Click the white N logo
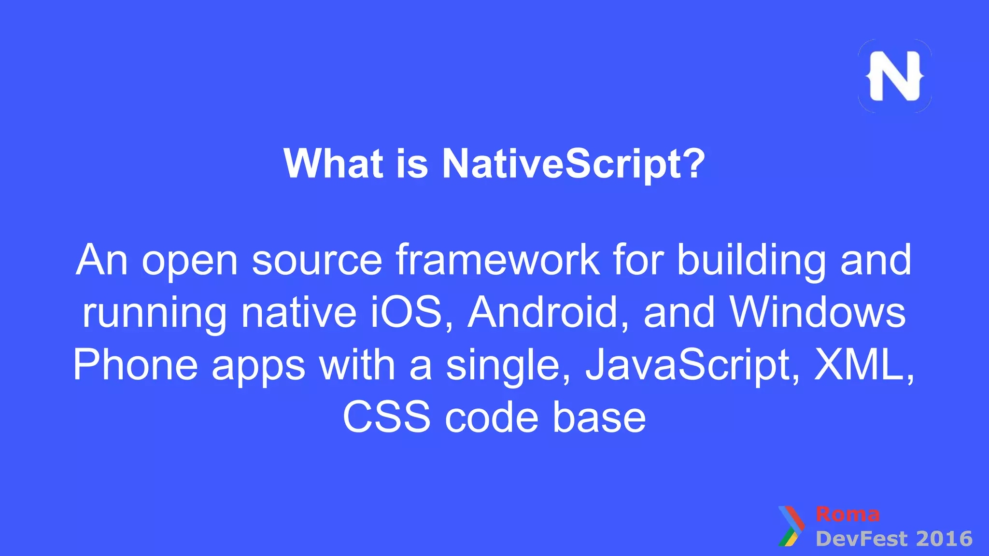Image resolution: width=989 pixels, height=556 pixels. coord(894,76)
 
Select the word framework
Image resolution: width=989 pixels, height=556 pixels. coord(498,260)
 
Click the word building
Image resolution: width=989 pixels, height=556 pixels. coord(751,260)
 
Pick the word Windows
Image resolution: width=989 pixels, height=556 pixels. coord(818,312)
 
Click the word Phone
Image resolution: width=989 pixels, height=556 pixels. coord(136,365)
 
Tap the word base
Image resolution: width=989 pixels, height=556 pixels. coord(599,417)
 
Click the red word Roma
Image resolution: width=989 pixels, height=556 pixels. coord(848,514)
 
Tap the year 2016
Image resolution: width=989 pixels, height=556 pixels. coord(944,539)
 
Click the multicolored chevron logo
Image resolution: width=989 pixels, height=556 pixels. coord(791,526)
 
